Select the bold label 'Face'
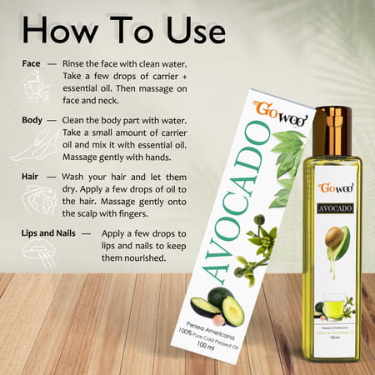pyautogui.click(x=32, y=65)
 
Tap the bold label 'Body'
pyautogui.click(x=33, y=120)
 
